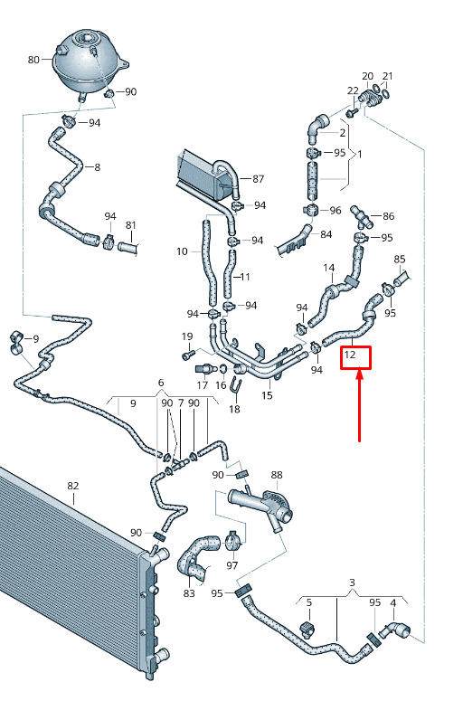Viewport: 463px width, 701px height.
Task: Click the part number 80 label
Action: (33, 60)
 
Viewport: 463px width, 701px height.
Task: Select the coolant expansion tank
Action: (91, 62)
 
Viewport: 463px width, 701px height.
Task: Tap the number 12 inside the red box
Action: (350, 355)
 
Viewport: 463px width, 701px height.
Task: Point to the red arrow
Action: (359, 405)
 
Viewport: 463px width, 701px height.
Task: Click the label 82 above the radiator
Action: (73, 486)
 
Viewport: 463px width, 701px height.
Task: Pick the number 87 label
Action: (259, 179)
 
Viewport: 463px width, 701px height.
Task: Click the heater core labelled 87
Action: (208, 174)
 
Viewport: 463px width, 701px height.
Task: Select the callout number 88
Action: (277, 475)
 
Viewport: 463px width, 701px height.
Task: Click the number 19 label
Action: (187, 336)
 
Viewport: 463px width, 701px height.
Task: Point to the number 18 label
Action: (234, 409)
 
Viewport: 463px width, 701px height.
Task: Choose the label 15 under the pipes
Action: (267, 395)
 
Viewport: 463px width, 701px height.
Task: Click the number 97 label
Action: (231, 565)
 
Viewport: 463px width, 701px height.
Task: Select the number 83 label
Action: (189, 592)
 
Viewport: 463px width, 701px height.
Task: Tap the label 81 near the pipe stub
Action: (130, 225)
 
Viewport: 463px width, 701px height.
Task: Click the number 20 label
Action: (367, 76)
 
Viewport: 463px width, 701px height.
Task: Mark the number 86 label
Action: (389, 216)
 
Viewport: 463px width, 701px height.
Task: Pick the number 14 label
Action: (329, 268)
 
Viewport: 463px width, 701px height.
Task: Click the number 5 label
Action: (309, 602)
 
